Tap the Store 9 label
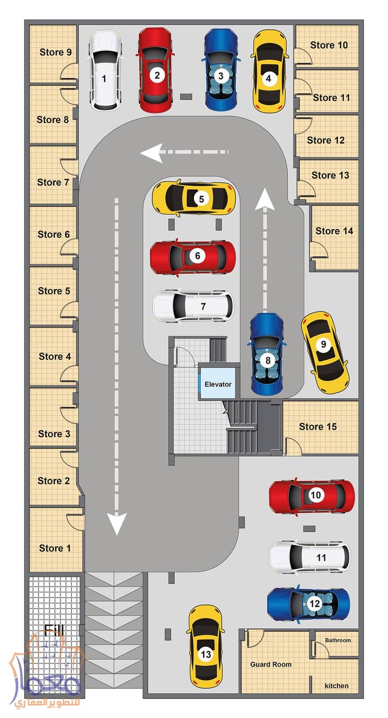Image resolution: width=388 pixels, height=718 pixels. tap(55, 52)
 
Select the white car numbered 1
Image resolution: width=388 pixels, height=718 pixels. tap(105, 70)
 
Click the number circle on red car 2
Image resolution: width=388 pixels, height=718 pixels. tap(157, 75)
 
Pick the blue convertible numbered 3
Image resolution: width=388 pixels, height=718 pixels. tap(221, 69)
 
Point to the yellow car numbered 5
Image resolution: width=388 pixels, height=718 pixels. tap(194, 198)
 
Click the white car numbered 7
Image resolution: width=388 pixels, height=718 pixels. tap(193, 306)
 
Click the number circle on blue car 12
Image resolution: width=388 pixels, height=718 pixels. tap(314, 604)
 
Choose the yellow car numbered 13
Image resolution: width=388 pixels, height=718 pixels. tap(205, 646)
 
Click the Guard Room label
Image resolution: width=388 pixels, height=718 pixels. tap(271, 665)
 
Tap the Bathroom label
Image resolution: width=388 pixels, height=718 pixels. tap(338, 640)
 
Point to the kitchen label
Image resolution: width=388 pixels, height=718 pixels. tap(337, 686)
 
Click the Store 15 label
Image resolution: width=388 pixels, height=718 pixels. tap(318, 426)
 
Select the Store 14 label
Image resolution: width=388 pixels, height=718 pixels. tap(334, 231)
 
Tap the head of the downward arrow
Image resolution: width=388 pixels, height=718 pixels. tap(116, 523)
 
